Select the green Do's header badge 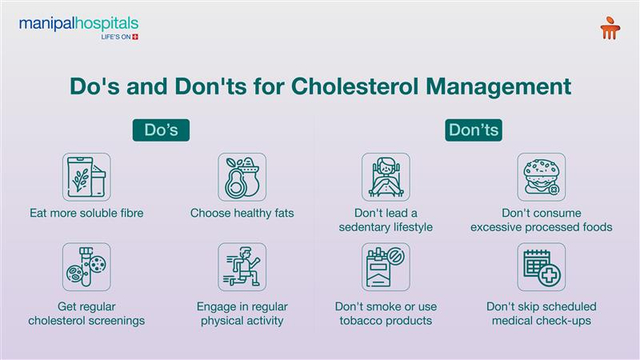pyautogui.click(x=166, y=130)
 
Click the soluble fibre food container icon pyautogui.click(x=86, y=177)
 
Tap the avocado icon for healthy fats pyautogui.click(x=242, y=177)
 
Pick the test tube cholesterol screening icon pyautogui.click(x=86, y=267)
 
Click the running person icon pyautogui.click(x=242, y=267)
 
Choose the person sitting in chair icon pyautogui.click(x=386, y=177)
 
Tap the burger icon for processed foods pyautogui.click(x=541, y=177)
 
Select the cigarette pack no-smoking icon pyautogui.click(x=386, y=267)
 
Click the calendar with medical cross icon pyautogui.click(x=541, y=267)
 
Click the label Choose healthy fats pyautogui.click(x=242, y=213)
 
